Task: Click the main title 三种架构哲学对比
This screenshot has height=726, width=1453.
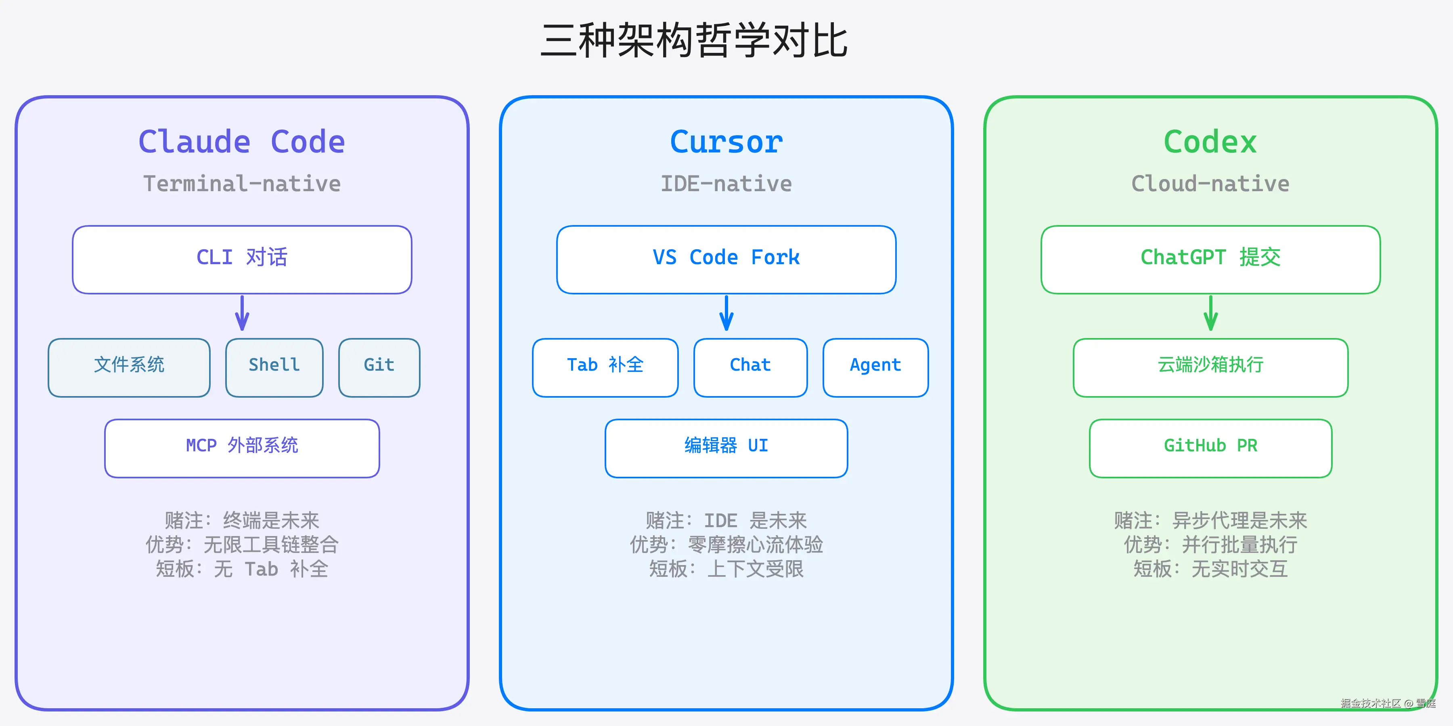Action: coord(694,41)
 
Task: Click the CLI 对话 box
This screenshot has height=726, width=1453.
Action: coord(242,259)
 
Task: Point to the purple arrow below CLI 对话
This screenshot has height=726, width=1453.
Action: coord(242,313)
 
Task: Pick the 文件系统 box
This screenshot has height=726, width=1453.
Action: coord(129,367)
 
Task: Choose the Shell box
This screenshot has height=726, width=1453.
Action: coord(274,367)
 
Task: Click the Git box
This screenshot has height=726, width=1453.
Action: coord(379,367)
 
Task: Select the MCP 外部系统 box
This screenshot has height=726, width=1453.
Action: coord(242,448)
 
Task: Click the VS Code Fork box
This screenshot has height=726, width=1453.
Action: coord(726,259)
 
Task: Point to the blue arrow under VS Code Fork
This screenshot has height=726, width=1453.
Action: coord(726,313)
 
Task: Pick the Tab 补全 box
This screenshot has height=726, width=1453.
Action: coord(605,367)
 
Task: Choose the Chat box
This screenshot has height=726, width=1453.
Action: coord(750,367)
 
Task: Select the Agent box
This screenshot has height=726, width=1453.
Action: coord(875,367)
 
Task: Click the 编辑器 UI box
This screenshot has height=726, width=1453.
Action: coord(726,448)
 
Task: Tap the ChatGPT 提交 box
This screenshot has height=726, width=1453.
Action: coord(1210,259)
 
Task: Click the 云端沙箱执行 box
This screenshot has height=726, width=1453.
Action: coord(1210,367)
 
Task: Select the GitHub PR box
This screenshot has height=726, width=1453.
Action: coord(1210,448)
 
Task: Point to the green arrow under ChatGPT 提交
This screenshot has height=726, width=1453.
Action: coord(1210,313)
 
